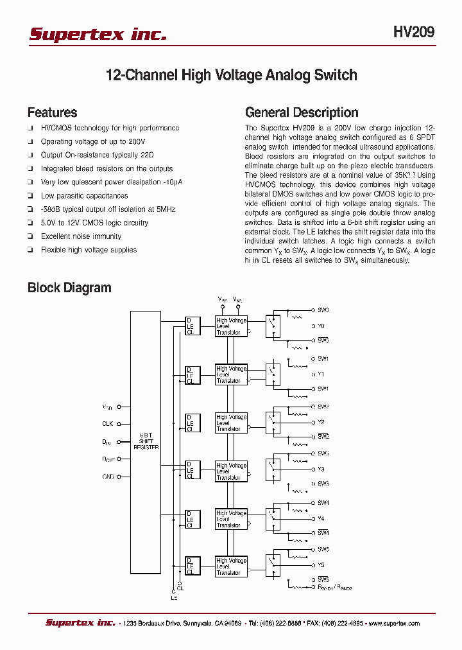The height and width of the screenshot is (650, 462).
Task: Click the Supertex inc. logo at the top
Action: [x=98, y=34]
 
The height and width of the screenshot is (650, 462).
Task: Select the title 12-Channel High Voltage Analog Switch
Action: [x=231, y=75]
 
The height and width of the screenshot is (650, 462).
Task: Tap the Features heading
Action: [x=52, y=112]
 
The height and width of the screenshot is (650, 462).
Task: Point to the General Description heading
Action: [x=302, y=112]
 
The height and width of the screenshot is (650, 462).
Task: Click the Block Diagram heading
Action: [x=69, y=288]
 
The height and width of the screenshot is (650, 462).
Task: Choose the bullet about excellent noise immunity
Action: [x=81, y=236]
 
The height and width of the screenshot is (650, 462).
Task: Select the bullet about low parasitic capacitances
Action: [x=84, y=196]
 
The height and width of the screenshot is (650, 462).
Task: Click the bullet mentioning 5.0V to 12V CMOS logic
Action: [x=94, y=223]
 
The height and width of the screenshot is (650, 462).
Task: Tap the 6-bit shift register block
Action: [x=145, y=442]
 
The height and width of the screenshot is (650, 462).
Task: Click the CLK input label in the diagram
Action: [x=107, y=424]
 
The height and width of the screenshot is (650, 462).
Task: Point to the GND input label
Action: [x=108, y=477]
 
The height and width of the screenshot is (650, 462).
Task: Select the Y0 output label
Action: [x=321, y=326]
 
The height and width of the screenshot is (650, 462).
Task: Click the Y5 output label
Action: [x=321, y=565]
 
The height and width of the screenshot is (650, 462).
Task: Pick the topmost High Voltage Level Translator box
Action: [x=231, y=326]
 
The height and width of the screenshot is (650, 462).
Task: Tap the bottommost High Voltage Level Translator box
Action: [x=231, y=567]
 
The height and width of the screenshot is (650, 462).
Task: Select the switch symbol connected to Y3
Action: [x=273, y=470]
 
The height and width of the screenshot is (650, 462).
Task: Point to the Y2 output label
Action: [x=321, y=422]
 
